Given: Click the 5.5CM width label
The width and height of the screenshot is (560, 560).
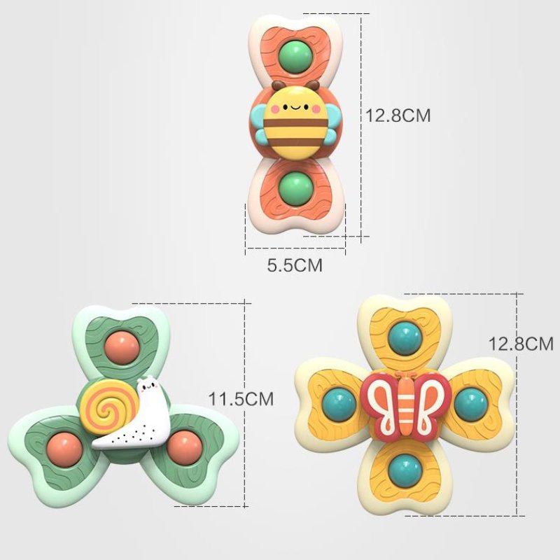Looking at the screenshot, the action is pyautogui.click(x=295, y=265).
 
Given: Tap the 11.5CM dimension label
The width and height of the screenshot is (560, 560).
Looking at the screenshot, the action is pyautogui.click(x=241, y=399).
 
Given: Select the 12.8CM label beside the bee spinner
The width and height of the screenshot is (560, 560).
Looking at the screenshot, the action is pyautogui.click(x=398, y=115).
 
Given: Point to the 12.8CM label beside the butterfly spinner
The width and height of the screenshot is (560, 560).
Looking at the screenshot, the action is pyautogui.click(x=521, y=344).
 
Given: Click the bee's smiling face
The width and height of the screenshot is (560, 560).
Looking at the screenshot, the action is pyautogui.click(x=295, y=107).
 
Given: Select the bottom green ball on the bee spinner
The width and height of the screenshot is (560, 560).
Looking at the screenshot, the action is pyautogui.click(x=296, y=188).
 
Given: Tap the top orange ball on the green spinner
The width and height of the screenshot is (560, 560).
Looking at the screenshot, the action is pyautogui.click(x=122, y=348).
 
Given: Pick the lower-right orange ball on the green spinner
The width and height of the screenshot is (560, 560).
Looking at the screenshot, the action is pyautogui.click(x=185, y=448).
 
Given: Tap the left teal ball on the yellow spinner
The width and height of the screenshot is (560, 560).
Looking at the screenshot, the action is pyautogui.click(x=340, y=405).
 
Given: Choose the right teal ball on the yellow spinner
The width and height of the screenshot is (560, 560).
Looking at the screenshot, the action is pyautogui.click(x=471, y=404).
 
